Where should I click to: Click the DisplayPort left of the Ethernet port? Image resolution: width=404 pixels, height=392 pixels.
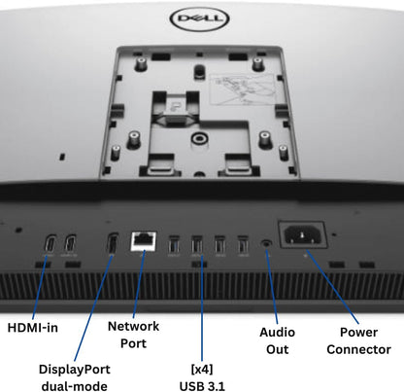113,244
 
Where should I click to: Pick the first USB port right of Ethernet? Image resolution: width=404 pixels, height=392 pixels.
174,244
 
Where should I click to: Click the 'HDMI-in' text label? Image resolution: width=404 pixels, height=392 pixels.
32,327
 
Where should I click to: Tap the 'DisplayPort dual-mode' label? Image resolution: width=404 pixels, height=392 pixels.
75,377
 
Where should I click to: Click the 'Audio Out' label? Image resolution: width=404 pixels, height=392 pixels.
278,339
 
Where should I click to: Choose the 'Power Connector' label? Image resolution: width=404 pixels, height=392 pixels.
358,339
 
